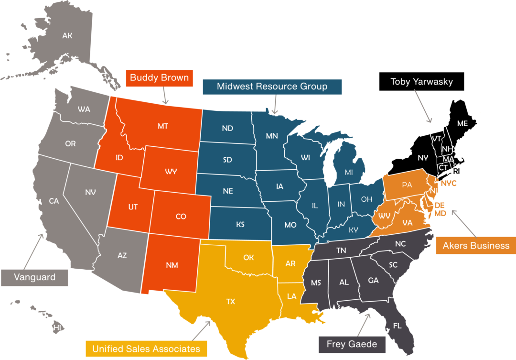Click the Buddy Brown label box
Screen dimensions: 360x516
coord(160,78)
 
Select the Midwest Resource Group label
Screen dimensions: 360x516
coord(272,87)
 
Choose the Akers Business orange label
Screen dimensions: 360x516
coord(476,246)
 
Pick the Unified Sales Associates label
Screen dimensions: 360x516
coord(147,349)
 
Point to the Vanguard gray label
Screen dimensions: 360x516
coord(34,277)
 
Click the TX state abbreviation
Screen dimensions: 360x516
coord(231,302)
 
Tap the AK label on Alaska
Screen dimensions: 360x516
coord(67,35)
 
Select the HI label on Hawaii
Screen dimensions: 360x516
coord(57,327)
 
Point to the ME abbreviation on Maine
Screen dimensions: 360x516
coord(462,123)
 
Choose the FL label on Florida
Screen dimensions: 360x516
coord(397,326)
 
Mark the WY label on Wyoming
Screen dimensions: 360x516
coord(171,171)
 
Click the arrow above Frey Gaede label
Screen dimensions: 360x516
coord(364,323)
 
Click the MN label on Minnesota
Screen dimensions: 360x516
coord(272,136)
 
